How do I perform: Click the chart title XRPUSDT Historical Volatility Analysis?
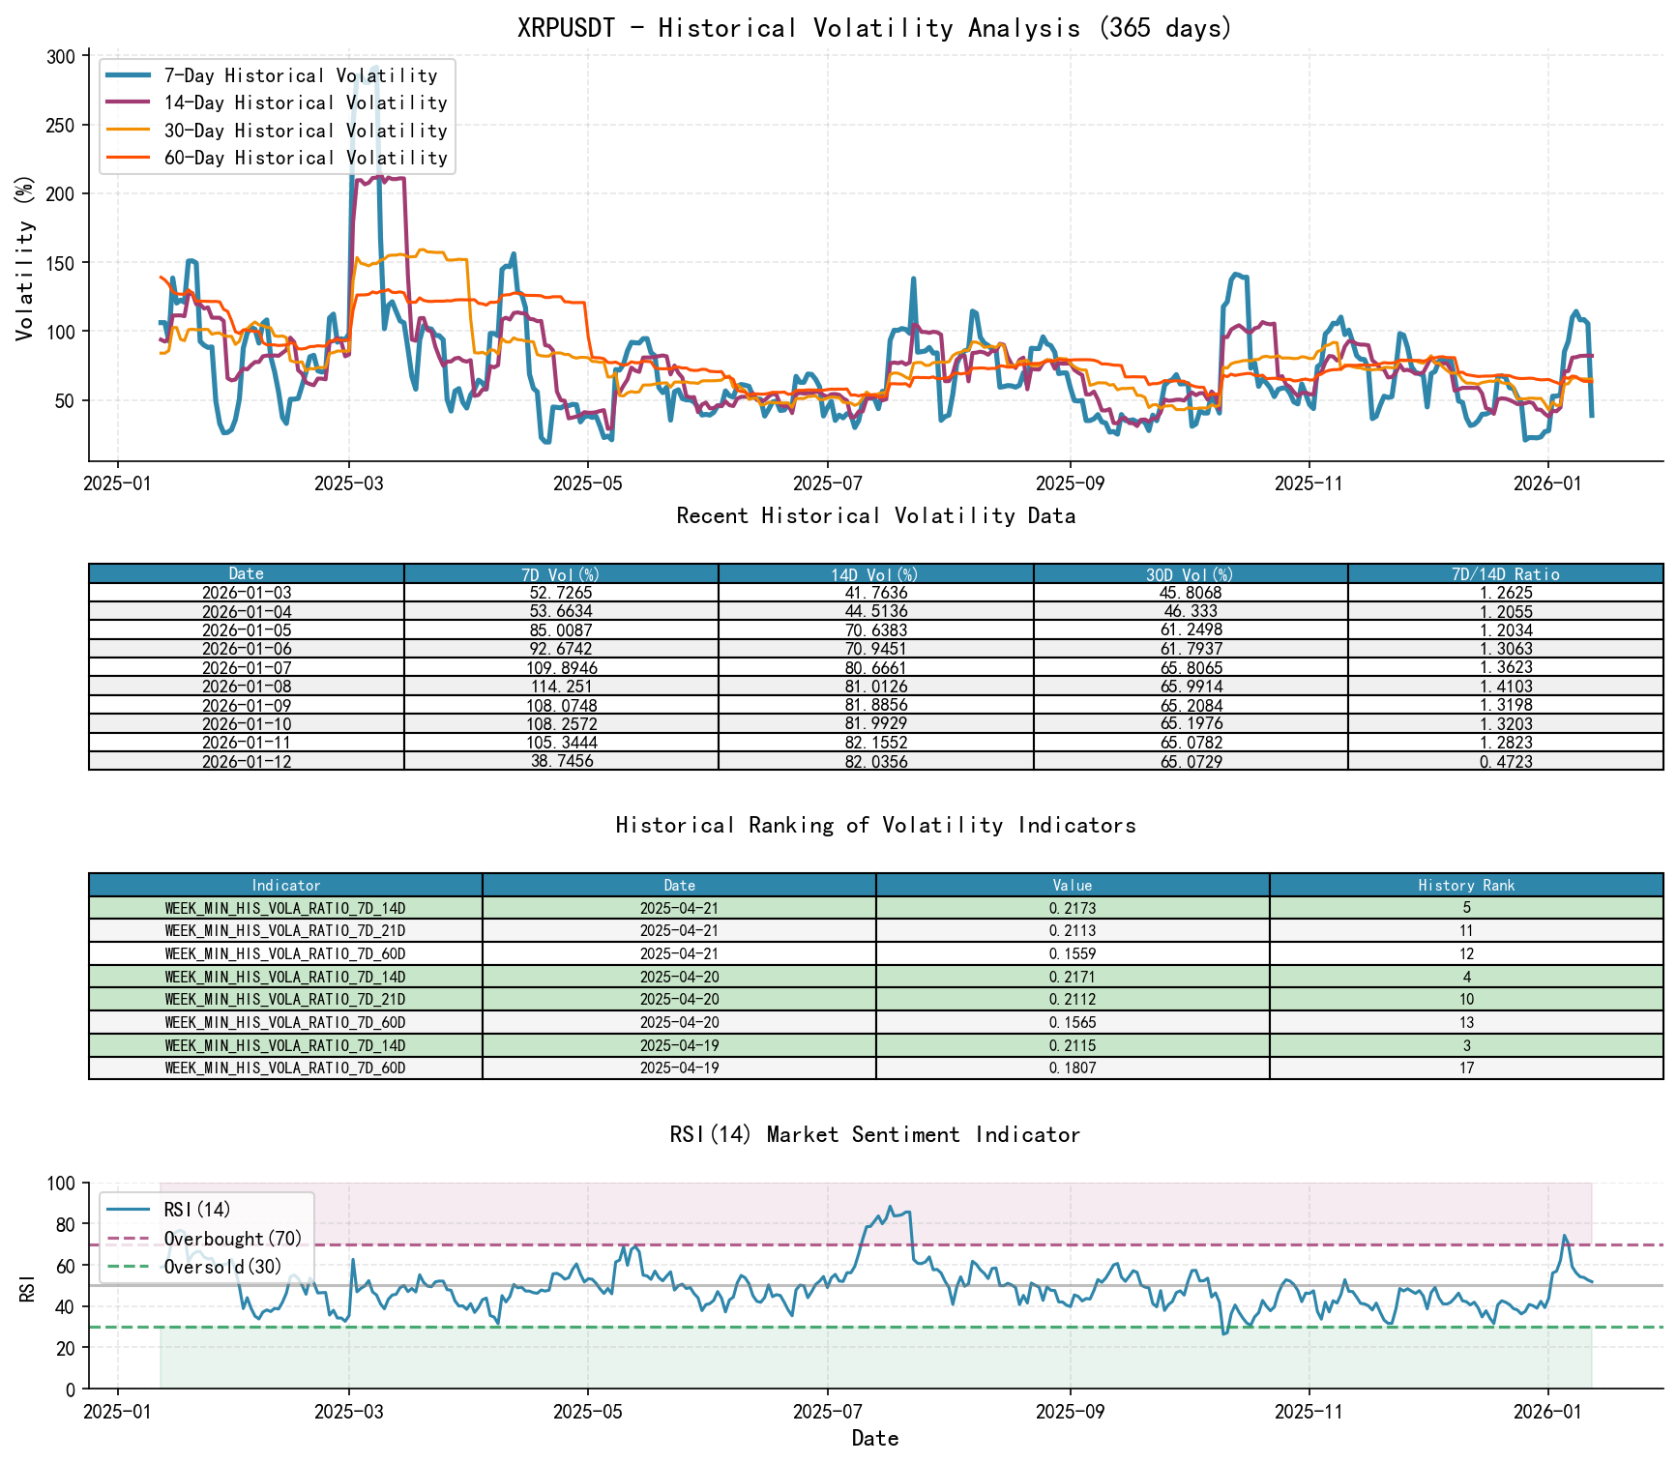coord(875,28)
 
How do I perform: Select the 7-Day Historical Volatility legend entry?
coord(300,75)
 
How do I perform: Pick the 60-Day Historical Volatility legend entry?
coord(305,158)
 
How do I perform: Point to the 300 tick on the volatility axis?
coord(60,56)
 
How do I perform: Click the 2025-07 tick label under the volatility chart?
coord(827,483)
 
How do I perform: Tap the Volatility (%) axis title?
coord(25,257)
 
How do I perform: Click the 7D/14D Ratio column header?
coord(1505,574)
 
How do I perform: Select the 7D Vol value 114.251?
coord(561,687)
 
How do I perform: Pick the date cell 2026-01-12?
coord(247,762)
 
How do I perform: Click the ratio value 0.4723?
coord(1505,762)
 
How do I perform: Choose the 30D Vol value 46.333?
coord(1191,612)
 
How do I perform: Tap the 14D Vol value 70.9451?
coord(875,649)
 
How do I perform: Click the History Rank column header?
coord(1466,886)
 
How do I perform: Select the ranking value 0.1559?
coord(1073,954)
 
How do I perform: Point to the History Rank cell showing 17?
coord(1466,1068)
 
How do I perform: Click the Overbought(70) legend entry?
coord(232,1239)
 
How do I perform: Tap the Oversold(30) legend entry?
coord(222,1267)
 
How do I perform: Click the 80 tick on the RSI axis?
coord(65,1224)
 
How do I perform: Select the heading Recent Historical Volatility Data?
coord(875,516)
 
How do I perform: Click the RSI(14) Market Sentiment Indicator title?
coord(875,1134)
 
